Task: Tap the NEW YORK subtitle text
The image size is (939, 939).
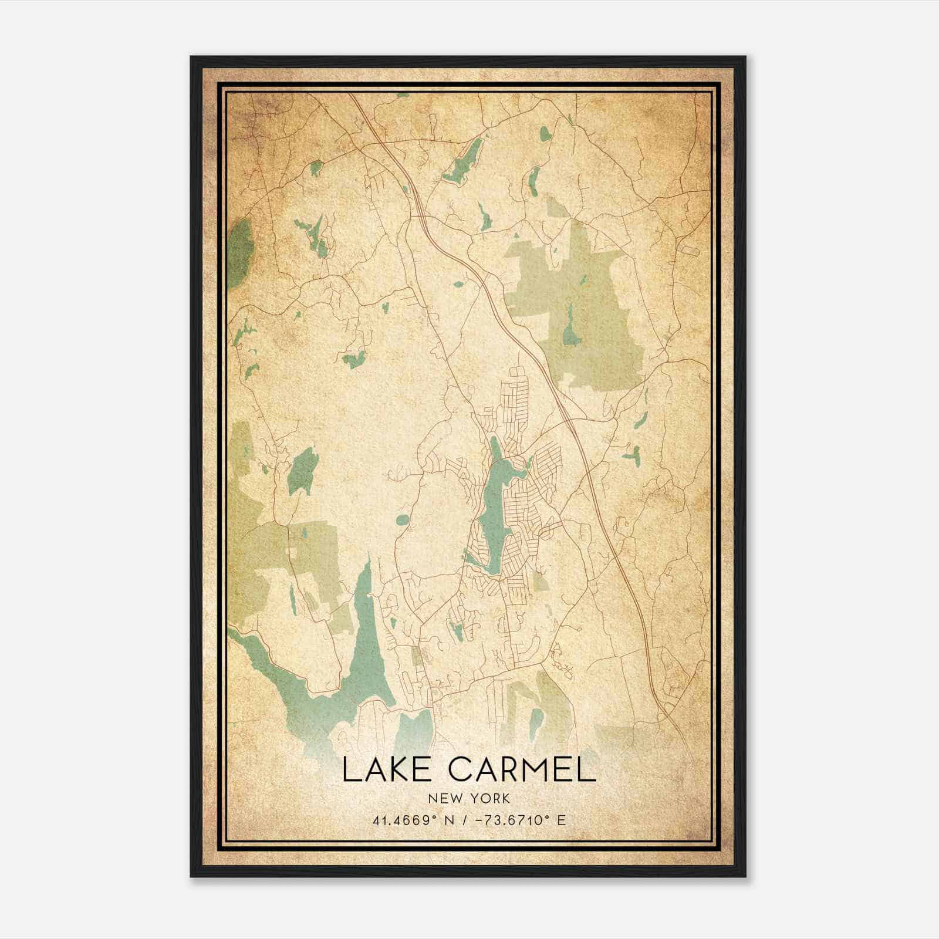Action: [469, 799]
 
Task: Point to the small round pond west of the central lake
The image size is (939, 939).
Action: [403, 519]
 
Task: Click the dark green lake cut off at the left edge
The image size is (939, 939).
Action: [239, 252]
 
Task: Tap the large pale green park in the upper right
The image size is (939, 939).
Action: [581, 311]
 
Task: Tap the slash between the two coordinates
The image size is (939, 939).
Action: [465, 820]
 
